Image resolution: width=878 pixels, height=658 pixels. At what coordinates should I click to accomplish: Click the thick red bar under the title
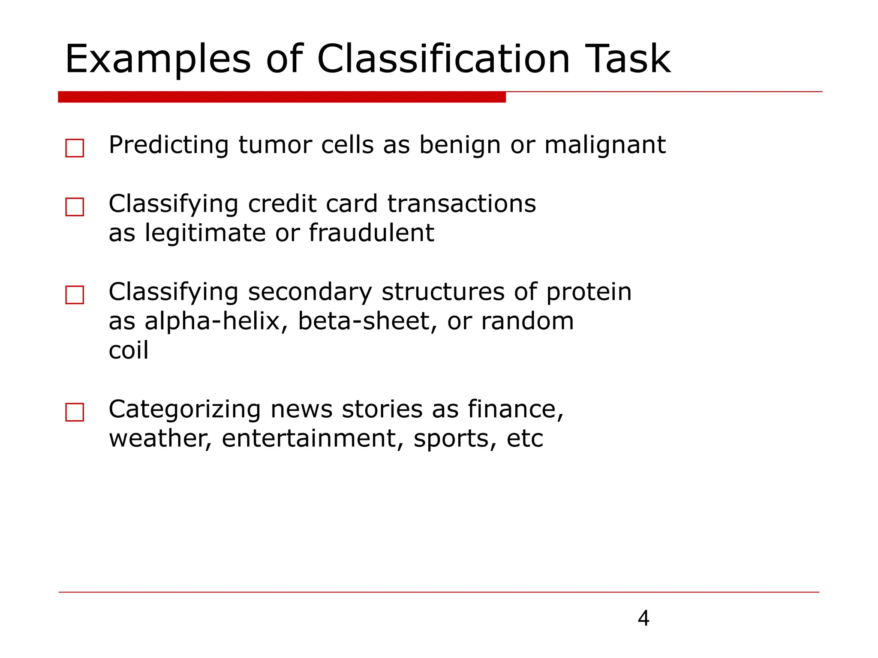click(282, 97)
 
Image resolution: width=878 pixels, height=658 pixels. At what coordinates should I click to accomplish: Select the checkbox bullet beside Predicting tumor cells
click(75, 148)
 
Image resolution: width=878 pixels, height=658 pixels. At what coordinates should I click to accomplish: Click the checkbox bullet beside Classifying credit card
click(75, 207)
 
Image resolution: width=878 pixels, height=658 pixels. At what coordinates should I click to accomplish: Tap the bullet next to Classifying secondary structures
click(75, 295)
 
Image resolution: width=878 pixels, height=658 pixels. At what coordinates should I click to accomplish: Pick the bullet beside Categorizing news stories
click(75, 413)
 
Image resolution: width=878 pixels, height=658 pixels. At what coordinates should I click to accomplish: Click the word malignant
click(604, 145)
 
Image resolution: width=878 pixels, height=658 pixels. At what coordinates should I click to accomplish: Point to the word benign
click(460, 145)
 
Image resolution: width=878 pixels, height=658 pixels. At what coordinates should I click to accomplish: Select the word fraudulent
click(371, 233)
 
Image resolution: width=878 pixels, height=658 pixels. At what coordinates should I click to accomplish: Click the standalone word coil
click(128, 350)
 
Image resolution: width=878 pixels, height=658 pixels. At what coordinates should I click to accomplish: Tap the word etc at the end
click(525, 439)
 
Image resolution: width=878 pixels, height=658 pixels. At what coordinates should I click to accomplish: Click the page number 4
click(643, 618)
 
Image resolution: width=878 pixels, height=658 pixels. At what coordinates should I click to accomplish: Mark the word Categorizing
click(184, 410)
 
